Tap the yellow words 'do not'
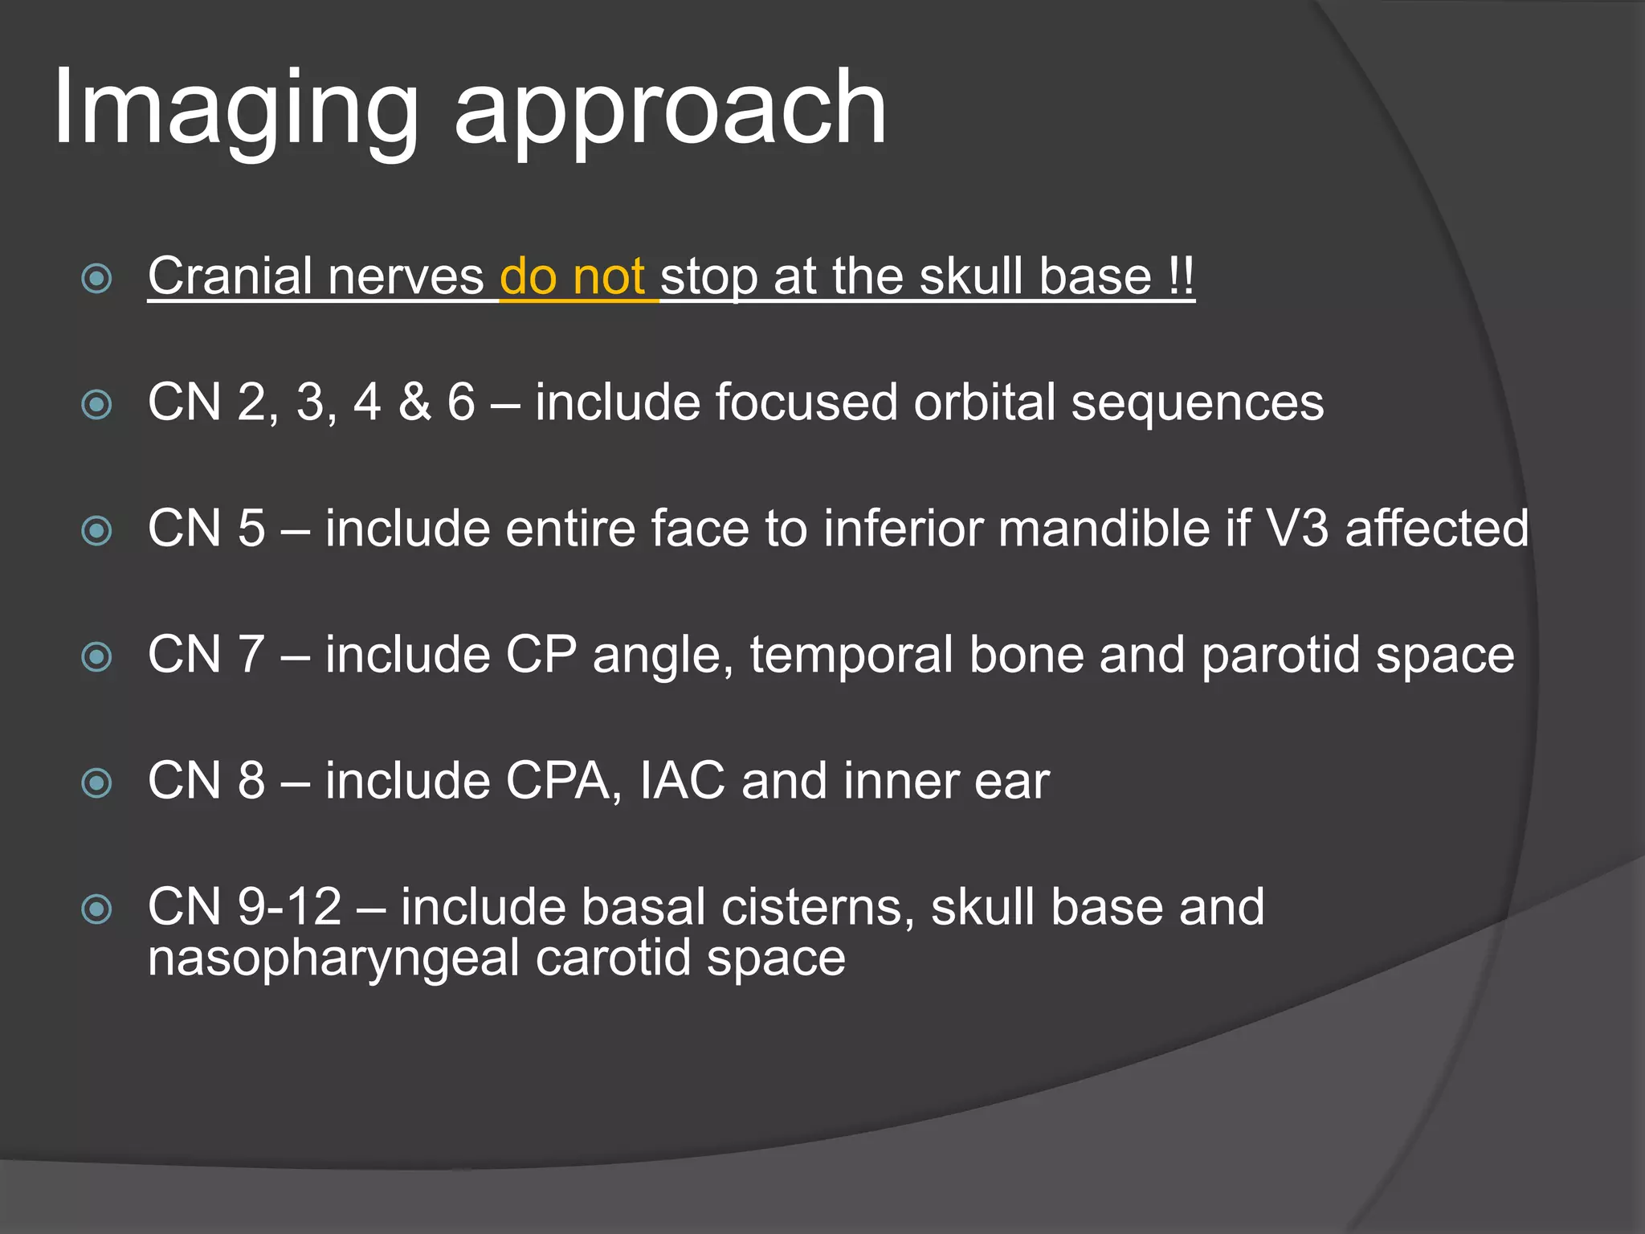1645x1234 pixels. pos(572,276)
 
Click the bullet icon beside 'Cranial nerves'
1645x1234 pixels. pos(97,279)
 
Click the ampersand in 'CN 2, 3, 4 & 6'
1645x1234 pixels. pos(414,402)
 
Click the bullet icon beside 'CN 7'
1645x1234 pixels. pos(97,657)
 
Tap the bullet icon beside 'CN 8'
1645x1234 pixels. pos(97,783)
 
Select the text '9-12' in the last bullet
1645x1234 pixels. pos(290,907)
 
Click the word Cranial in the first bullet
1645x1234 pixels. pos(231,276)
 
